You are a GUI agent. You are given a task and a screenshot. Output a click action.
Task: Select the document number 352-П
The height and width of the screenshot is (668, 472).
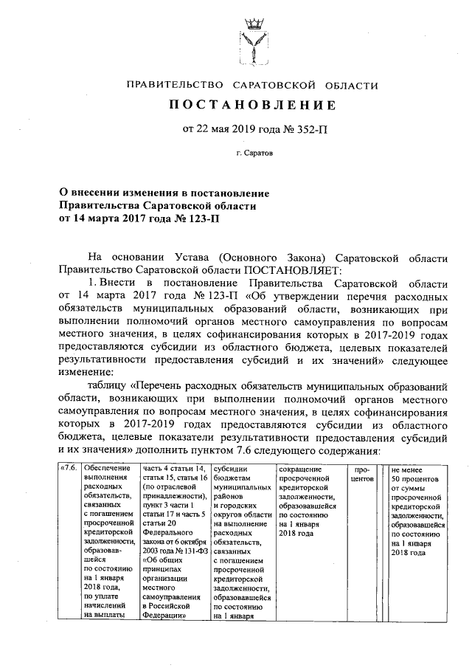click(x=302, y=129)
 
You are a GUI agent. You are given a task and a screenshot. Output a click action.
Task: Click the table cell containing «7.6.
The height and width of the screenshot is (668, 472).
click(x=69, y=469)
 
